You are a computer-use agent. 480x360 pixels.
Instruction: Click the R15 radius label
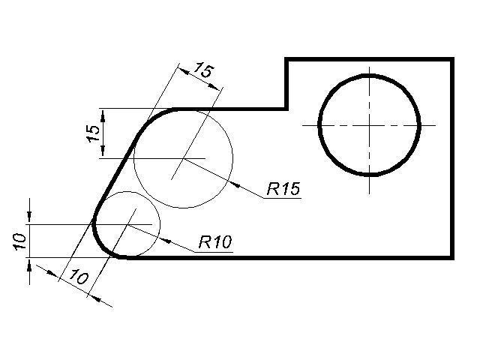tap(283, 188)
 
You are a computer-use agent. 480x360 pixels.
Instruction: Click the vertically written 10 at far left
tap(20, 240)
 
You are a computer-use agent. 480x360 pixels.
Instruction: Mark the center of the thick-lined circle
tap(369, 124)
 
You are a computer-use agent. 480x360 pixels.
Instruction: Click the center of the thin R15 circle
tap(183, 159)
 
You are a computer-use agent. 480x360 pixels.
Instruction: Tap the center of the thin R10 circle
tap(129, 223)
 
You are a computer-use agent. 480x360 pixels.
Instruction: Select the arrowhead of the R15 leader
tap(231, 182)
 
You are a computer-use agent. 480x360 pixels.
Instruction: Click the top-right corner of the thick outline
tap(453, 58)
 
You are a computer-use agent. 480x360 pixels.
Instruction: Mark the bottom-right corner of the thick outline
tap(453, 257)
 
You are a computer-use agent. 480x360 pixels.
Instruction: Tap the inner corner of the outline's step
tap(286, 109)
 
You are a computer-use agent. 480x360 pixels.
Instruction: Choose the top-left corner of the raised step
tap(286, 58)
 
